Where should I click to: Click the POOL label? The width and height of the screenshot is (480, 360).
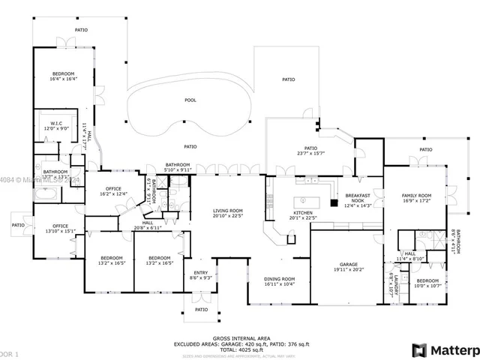pyautogui.click(x=191, y=99)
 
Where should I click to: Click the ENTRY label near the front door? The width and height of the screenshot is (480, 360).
pyautogui.click(x=200, y=272)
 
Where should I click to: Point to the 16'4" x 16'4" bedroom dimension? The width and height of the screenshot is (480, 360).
pyautogui.click(x=64, y=79)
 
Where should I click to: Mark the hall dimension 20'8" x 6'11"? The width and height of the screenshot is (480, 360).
pyautogui.click(x=148, y=227)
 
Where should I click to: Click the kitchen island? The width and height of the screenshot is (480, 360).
pyautogui.click(x=303, y=201)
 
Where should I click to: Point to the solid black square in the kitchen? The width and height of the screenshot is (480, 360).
pyautogui.click(x=334, y=201)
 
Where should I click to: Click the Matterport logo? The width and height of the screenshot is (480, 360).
pyautogui.click(x=444, y=350)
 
